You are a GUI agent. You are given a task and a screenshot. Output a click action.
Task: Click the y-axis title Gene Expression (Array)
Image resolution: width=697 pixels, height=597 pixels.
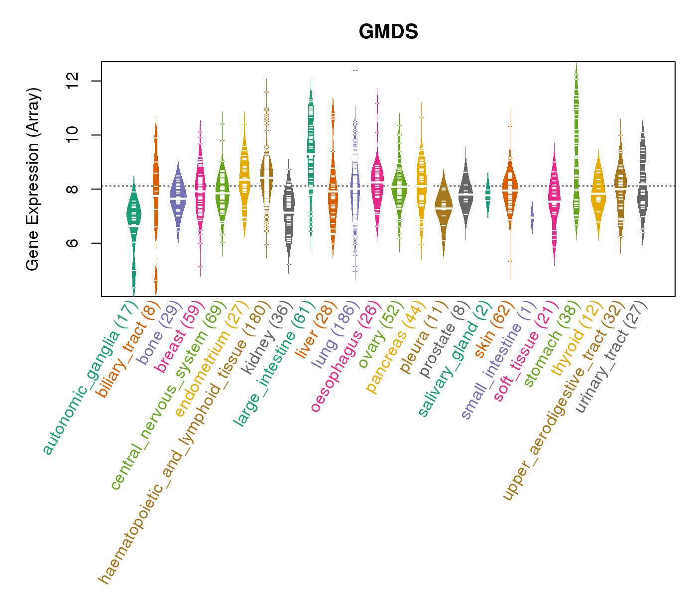pos(33,179)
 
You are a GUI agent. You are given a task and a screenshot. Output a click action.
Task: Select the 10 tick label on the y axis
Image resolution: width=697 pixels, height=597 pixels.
pos(72,135)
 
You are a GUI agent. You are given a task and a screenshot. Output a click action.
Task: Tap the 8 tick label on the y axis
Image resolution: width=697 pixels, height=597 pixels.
pos(72,189)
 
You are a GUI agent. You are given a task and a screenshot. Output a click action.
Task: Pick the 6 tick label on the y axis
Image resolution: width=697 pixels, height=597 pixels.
pos(72,243)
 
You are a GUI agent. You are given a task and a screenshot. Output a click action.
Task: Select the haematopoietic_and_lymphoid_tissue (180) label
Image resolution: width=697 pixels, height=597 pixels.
pos(184,443)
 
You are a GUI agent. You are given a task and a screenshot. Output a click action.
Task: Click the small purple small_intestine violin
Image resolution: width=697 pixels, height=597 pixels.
pos(532,218)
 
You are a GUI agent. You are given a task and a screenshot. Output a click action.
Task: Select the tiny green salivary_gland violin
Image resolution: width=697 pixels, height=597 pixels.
pos(488,194)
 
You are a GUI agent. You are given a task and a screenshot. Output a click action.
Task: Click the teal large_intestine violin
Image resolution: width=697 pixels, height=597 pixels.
pos(311,149)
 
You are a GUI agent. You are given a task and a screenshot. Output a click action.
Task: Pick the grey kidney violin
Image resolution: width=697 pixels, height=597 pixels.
pos(289,209)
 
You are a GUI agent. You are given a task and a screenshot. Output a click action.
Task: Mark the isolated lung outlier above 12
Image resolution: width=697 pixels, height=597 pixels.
pos(355,70)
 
